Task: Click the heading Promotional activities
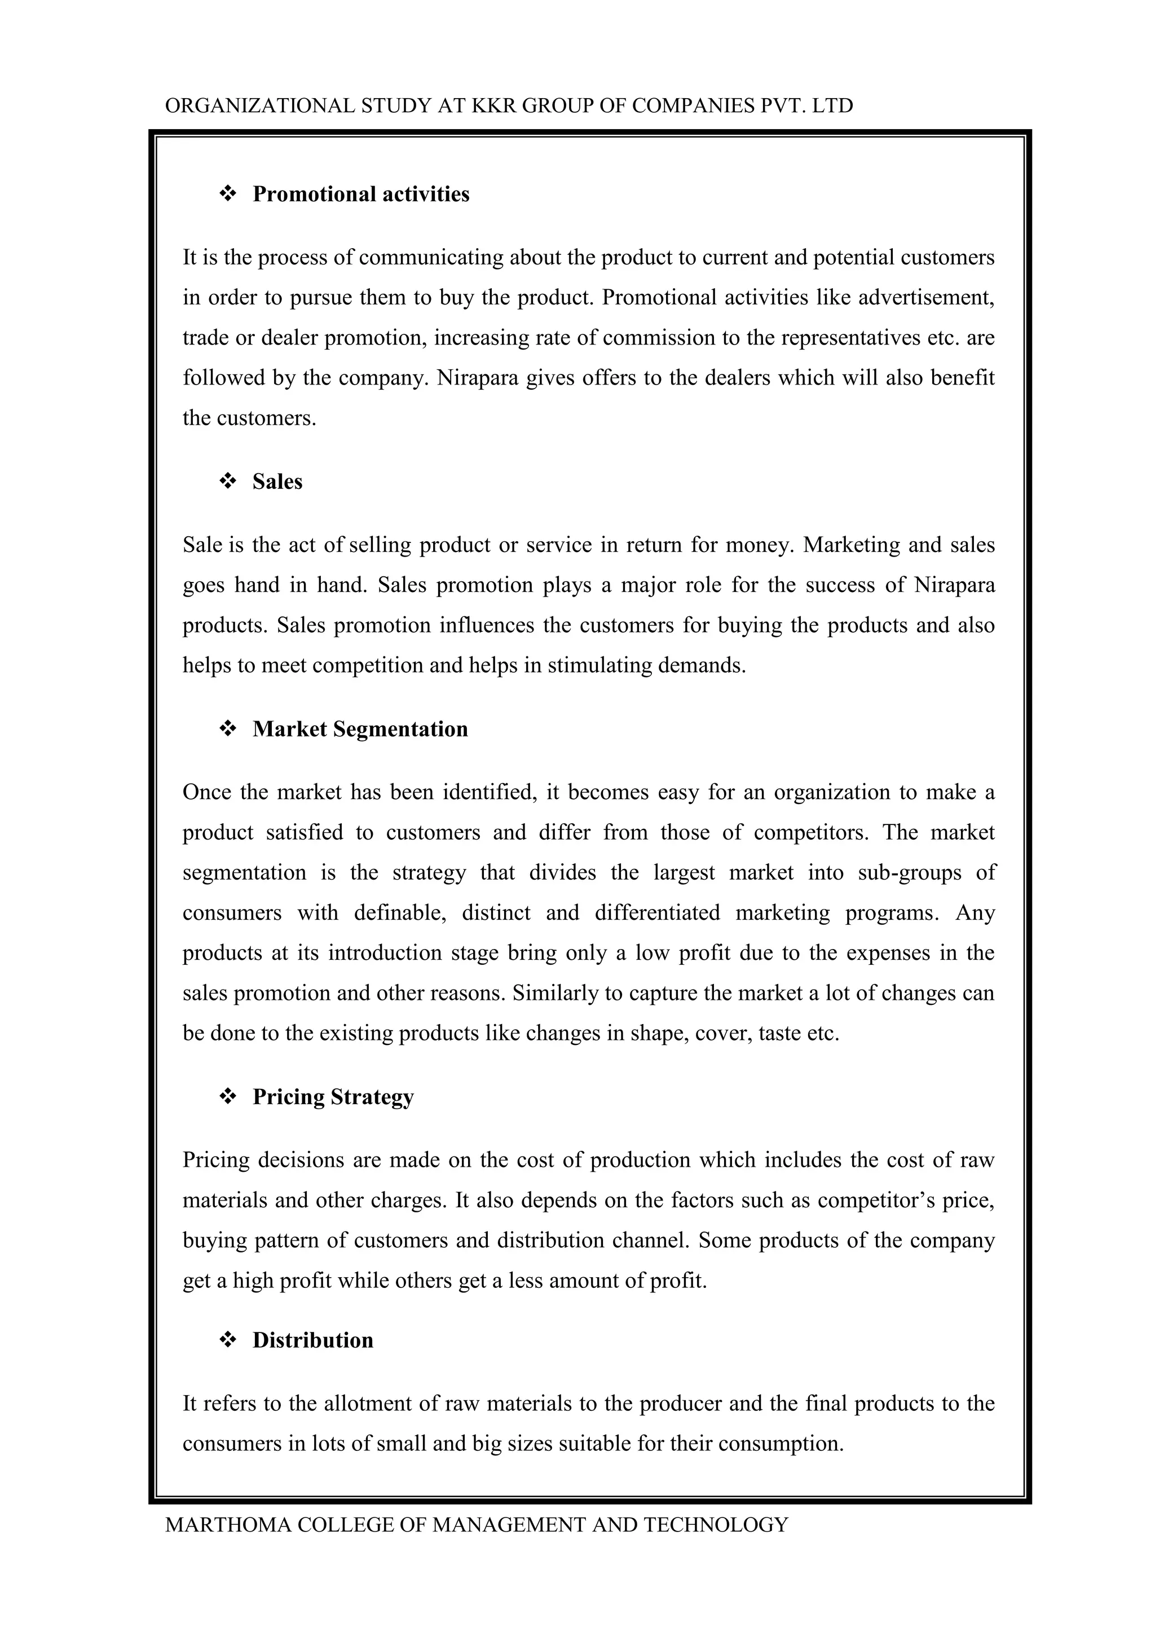pyautogui.click(x=360, y=194)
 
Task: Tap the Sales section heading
pyautogui.click(x=277, y=482)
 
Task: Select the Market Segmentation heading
pyautogui.click(x=360, y=729)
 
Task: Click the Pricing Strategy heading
pyautogui.click(x=333, y=1097)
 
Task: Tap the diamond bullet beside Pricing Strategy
pyautogui.click(x=228, y=1097)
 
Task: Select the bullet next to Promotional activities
pyautogui.click(x=228, y=193)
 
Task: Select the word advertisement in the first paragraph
pyautogui.click(x=925, y=297)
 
